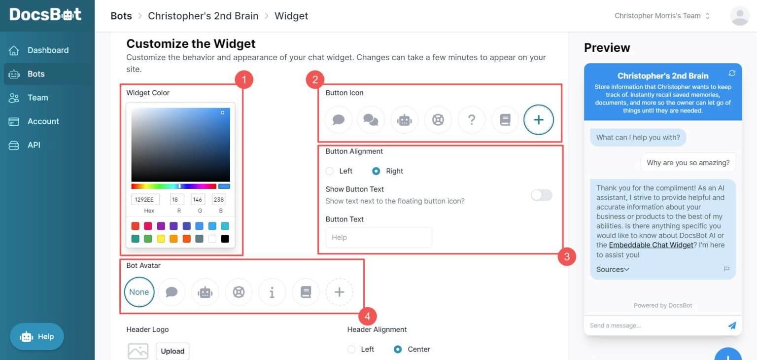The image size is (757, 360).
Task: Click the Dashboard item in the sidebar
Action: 47,50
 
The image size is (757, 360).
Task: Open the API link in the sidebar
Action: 34,145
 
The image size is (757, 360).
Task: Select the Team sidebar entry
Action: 37,98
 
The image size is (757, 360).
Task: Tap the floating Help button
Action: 37,337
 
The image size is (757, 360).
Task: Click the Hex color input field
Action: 145,199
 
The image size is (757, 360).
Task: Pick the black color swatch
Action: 225,239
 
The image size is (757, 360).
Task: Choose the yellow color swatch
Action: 161,239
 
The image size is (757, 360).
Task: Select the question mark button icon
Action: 471,120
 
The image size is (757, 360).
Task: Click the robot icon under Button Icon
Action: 404,120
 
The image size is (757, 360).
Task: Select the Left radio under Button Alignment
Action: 330,171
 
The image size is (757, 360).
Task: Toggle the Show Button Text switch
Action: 541,195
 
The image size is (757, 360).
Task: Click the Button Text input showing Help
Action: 378,237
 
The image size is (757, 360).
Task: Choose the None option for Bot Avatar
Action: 139,292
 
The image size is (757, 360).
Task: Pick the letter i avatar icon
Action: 272,292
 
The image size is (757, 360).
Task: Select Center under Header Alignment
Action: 398,349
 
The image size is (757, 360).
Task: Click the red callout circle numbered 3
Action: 567,256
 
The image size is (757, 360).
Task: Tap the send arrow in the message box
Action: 732,325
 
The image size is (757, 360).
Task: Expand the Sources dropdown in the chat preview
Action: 613,269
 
